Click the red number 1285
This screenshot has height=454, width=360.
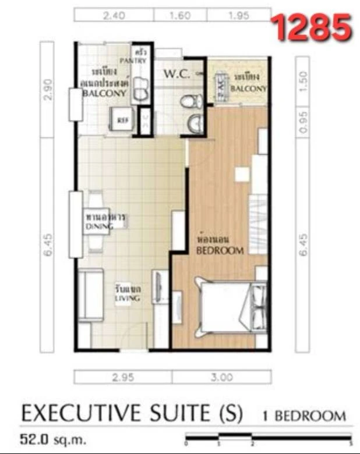312,27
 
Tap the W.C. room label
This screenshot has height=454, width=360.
175,75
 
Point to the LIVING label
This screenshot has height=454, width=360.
128,298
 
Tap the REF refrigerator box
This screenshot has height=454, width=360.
122,120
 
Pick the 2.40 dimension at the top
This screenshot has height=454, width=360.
114,16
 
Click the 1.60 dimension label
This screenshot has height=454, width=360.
180,16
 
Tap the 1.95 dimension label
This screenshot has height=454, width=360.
239,16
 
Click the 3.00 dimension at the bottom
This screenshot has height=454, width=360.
222,377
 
